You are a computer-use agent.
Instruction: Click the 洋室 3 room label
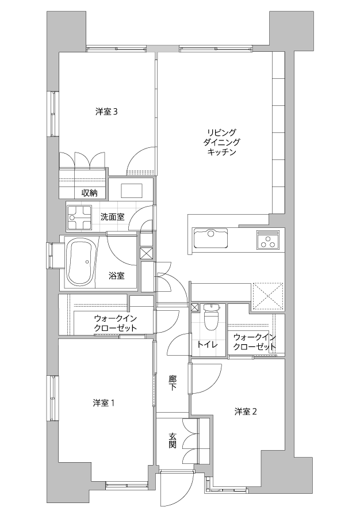pyautogui.click(x=106, y=112)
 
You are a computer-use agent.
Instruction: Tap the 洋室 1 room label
pyautogui.click(x=104, y=403)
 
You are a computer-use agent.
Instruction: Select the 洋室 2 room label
pyautogui.click(x=246, y=412)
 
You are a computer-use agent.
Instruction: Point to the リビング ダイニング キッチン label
pyautogui.click(x=221, y=142)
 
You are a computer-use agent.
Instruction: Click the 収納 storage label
pyautogui.click(x=90, y=193)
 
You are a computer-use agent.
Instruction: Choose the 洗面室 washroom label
pyautogui.click(x=113, y=217)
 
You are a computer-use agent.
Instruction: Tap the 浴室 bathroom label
pyautogui.click(x=117, y=276)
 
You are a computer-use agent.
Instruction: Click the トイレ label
pyautogui.click(x=207, y=345)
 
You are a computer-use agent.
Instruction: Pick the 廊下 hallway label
pyautogui.click(x=173, y=383)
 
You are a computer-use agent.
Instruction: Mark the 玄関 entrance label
pyautogui.click(x=173, y=441)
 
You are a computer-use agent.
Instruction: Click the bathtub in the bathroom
pyautogui.click(x=81, y=262)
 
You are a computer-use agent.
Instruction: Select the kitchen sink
pyautogui.click(x=211, y=238)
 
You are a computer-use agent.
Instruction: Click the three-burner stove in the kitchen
pyautogui.click(x=267, y=240)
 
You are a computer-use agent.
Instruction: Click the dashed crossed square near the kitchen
pyautogui.click(x=267, y=296)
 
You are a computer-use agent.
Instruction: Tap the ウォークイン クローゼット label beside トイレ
pyautogui.click(x=254, y=342)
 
